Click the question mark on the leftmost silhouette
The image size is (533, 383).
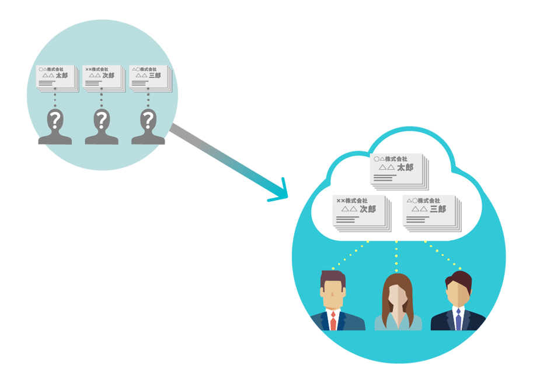[55, 121]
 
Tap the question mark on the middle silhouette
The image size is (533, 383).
[102, 121]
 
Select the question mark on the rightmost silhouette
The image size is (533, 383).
[148, 121]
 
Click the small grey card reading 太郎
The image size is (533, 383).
[56, 78]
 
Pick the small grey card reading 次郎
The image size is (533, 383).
[103, 78]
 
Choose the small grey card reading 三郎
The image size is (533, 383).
[149, 78]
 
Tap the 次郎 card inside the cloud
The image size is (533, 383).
[360, 212]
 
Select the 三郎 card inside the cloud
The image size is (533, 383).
[430, 212]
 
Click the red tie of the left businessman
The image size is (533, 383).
[333, 321]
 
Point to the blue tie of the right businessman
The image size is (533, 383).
[458, 320]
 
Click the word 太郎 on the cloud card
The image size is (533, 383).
[405, 167]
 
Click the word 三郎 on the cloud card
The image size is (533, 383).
[438, 209]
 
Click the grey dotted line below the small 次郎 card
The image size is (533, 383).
[102, 99]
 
